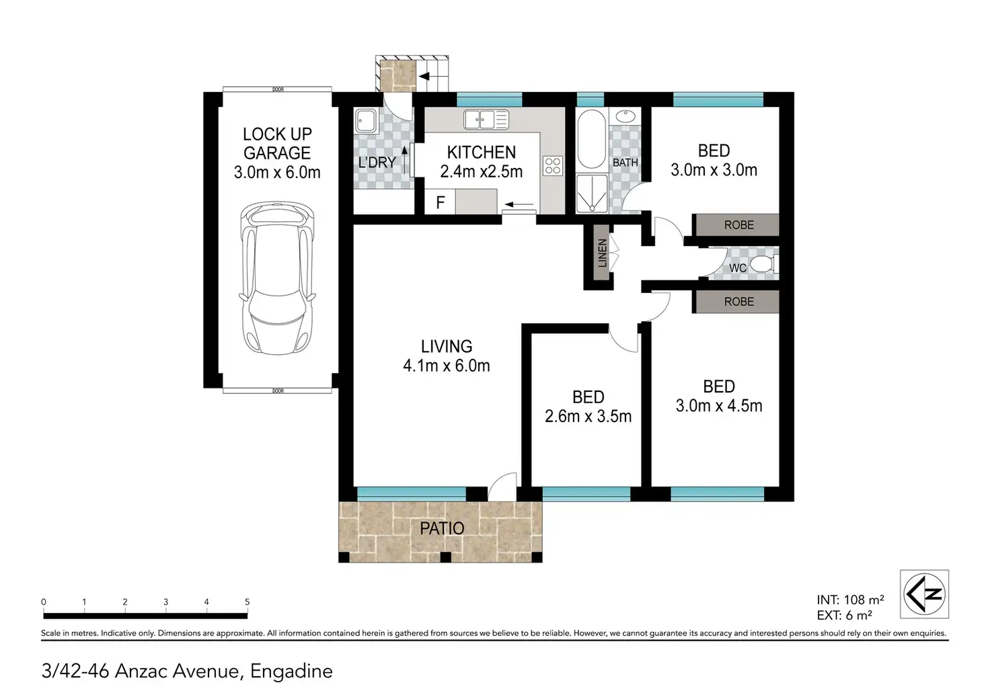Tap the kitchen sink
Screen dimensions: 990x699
[486, 119]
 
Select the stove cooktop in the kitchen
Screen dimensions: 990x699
[553, 167]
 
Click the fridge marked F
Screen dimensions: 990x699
[441, 202]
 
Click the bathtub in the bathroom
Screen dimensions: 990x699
[592, 139]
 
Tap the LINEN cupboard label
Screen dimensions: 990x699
[602, 253]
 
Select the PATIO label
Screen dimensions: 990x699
[441, 528]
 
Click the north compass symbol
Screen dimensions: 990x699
[924, 593]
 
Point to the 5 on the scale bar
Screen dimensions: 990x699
[247, 602]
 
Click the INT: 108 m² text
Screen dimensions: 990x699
[850, 600]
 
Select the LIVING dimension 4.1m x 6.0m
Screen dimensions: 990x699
[447, 366]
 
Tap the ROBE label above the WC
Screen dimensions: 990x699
[739, 225]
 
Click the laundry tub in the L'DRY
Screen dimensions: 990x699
[367, 121]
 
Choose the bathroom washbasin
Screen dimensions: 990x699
[625, 116]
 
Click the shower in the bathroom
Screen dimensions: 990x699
[592, 194]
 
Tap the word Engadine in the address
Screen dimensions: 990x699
[291, 671]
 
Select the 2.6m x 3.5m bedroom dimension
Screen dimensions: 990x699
[588, 416]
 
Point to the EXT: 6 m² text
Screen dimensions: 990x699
[844, 615]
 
